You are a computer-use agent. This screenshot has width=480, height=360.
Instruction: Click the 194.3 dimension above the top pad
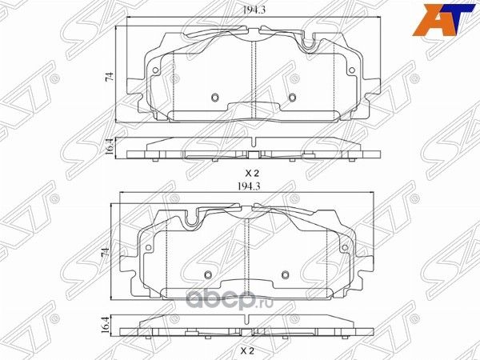pyautogui.click(x=254, y=10)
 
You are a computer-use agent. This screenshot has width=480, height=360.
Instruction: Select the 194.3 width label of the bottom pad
pyautogui.click(x=249, y=186)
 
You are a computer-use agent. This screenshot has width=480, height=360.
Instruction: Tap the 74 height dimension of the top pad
pyautogui.click(x=109, y=77)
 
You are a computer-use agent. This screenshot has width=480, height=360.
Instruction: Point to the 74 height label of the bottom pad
pyautogui.click(x=105, y=253)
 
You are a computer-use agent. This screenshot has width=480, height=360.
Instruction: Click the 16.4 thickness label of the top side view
pyautogui.click(x=110, y=146)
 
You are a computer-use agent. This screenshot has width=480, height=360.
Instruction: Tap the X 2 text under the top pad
pyautogui.click(x=252, y=174)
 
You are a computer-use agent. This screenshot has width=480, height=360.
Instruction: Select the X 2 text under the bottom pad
pyautogui.click(x=247, y=350)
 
